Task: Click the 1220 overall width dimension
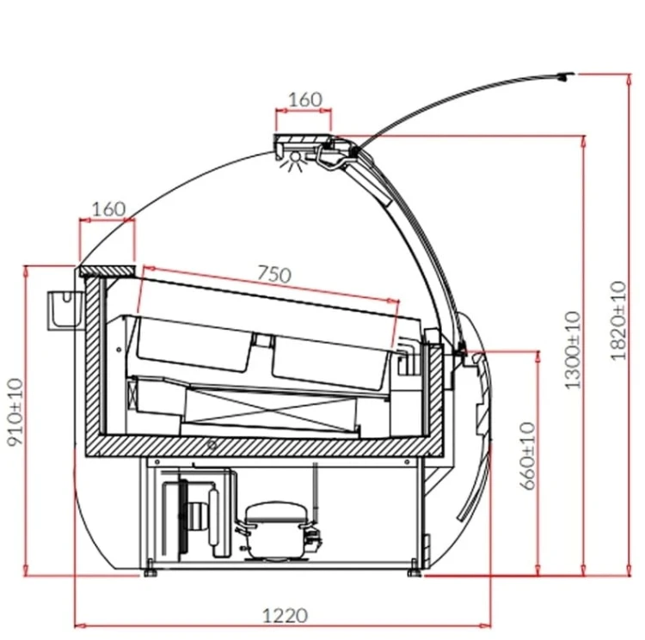coord(285,615)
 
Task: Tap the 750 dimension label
coord(274,274)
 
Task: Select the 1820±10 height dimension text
coord(618,321)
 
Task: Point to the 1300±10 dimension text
coord(573,350)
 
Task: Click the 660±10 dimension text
coord(528,456)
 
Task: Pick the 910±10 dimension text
coord(16,412)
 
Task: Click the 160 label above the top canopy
coord(304,100)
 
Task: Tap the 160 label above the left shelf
coord(108,209)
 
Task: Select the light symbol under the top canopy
coord(294,161)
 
